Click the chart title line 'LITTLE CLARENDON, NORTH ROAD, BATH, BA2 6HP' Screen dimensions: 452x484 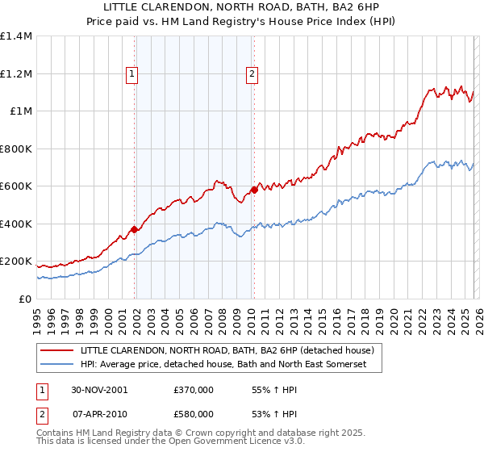242,6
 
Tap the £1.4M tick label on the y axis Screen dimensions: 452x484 16,36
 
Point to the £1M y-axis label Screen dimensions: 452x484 21,111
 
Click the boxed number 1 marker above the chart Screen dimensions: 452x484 131,74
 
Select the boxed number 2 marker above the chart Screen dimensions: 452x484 252,74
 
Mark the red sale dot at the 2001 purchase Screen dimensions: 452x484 135,229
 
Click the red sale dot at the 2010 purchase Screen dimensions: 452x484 254,190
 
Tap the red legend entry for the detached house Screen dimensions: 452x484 227,351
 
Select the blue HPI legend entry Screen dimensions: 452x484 223,366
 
